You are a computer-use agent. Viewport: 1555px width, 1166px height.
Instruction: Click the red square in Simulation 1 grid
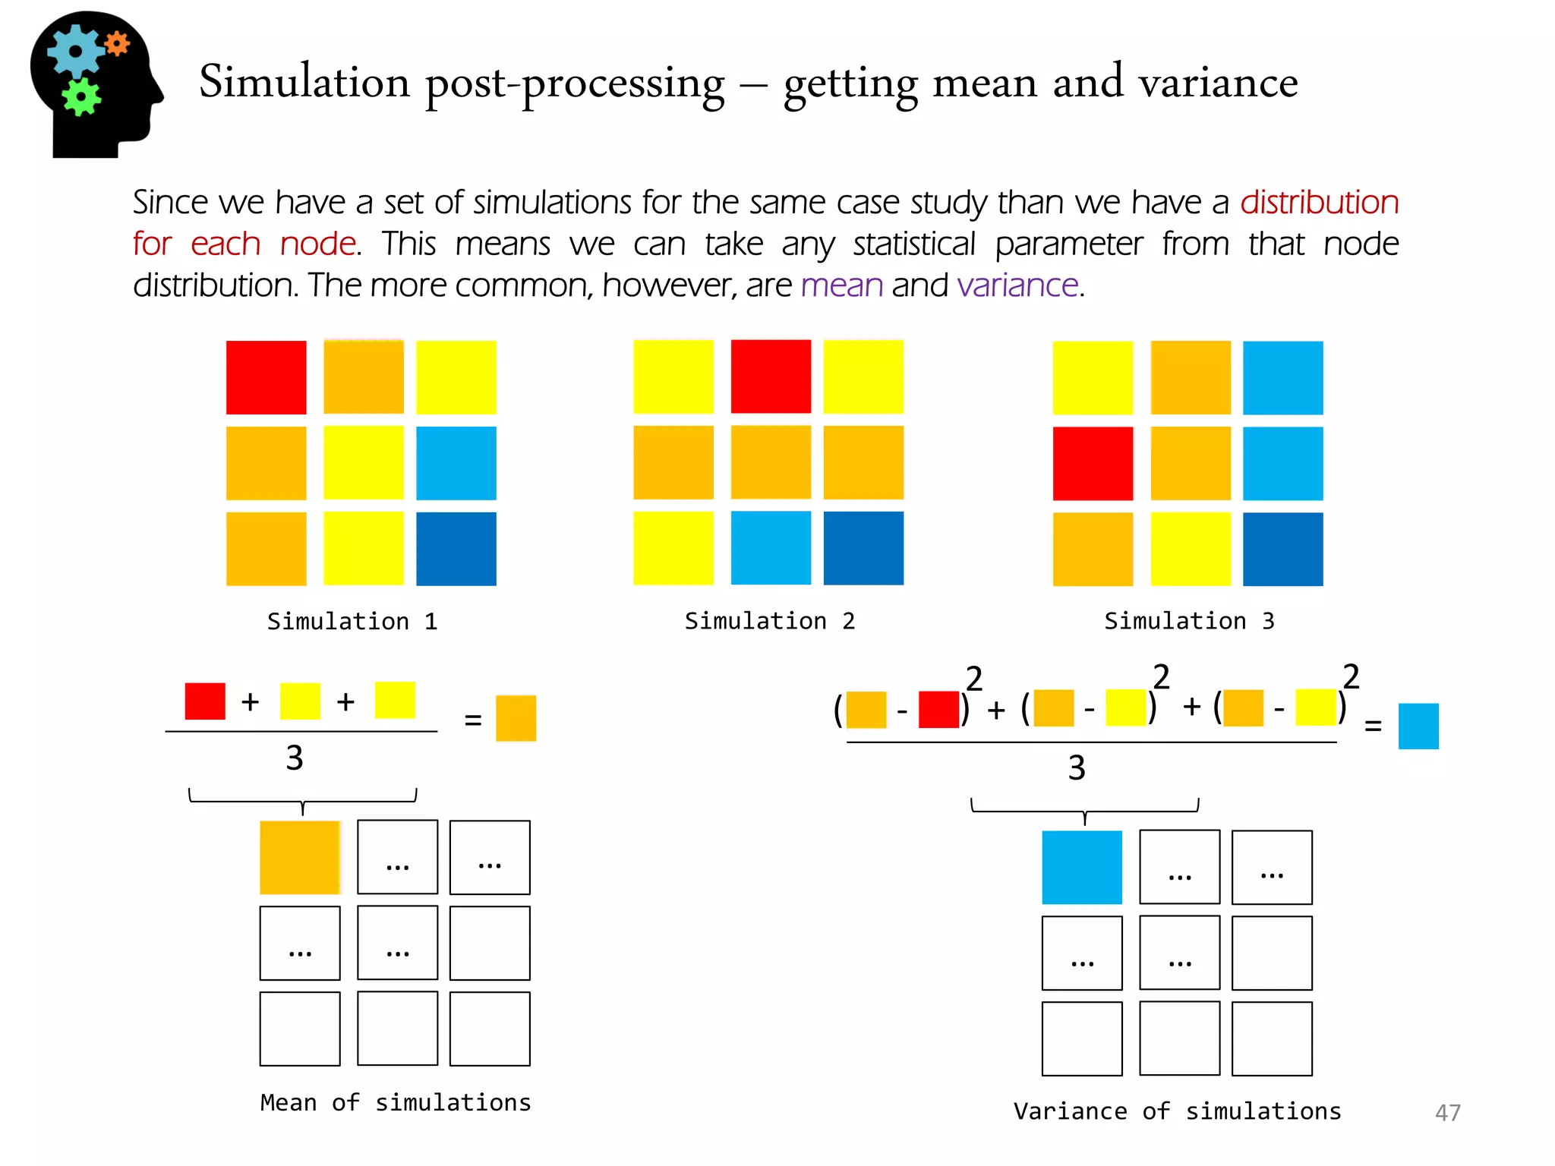pos(266,377)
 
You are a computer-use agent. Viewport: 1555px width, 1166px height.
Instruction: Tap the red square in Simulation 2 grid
pos(771,377)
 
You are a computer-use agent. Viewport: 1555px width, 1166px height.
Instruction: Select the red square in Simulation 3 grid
pos(1093,463)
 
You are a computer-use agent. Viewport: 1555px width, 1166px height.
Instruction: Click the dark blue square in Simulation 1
pos(456,549)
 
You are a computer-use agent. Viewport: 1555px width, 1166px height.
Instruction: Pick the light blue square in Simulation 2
pos(771,548)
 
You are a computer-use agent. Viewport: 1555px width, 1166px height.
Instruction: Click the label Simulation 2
pos(769,621)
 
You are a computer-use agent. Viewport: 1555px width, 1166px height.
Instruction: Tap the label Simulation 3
pos(1189,621)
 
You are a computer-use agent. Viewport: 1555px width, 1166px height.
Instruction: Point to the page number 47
pos(1447,1113)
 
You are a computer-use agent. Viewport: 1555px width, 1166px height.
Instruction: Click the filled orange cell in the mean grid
pos(300,857)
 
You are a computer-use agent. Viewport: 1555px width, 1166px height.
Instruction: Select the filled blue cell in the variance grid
pos(1081,867)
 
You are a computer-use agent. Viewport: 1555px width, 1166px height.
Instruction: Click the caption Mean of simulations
pos(395,1102)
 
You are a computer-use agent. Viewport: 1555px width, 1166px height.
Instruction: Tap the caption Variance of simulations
pos(1177,1111)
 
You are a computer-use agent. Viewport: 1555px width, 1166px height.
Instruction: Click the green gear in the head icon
pos(81,97)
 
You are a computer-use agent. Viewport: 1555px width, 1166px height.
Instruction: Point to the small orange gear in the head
pos(117,44)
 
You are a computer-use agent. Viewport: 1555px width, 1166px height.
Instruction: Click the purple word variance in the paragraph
pos(1017,286)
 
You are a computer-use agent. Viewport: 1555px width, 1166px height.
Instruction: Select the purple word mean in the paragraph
pos(841,286)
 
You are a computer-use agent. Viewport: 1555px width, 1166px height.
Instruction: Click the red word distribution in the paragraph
pos(1319,203)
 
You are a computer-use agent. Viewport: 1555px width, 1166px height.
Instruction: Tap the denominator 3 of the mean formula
pos(295,758)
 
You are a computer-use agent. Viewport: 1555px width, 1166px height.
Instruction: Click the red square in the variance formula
pos(938,710)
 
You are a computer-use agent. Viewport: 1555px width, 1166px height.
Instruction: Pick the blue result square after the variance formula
pos(1418,726)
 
